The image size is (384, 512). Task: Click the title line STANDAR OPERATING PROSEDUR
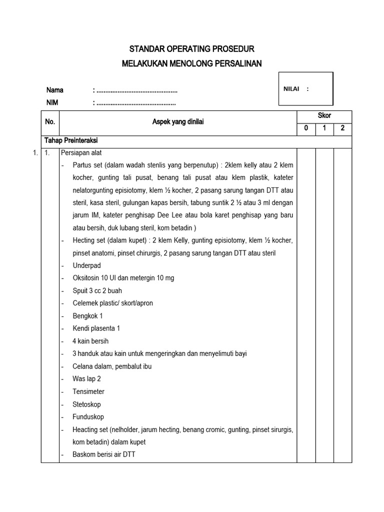[192, 49]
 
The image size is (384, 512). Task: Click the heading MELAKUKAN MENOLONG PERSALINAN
[192, 63]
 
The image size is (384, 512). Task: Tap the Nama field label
[55, 90]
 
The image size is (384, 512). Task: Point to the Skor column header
[324, 115]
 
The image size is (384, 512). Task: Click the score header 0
[306, 128]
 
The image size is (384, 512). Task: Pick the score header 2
[342, 128]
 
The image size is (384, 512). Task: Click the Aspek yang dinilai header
[178, 122]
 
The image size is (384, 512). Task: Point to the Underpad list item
[86, 265]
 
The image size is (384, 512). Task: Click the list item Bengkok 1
[87, 316]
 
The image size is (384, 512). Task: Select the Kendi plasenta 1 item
[96, 328]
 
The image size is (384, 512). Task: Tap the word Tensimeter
[88, 391]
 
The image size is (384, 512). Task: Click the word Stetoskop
[86, 404]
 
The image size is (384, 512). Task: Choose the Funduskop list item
[88, 416]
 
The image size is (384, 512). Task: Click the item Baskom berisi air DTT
[103, 454]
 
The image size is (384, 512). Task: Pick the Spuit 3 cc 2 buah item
[97, 290]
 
